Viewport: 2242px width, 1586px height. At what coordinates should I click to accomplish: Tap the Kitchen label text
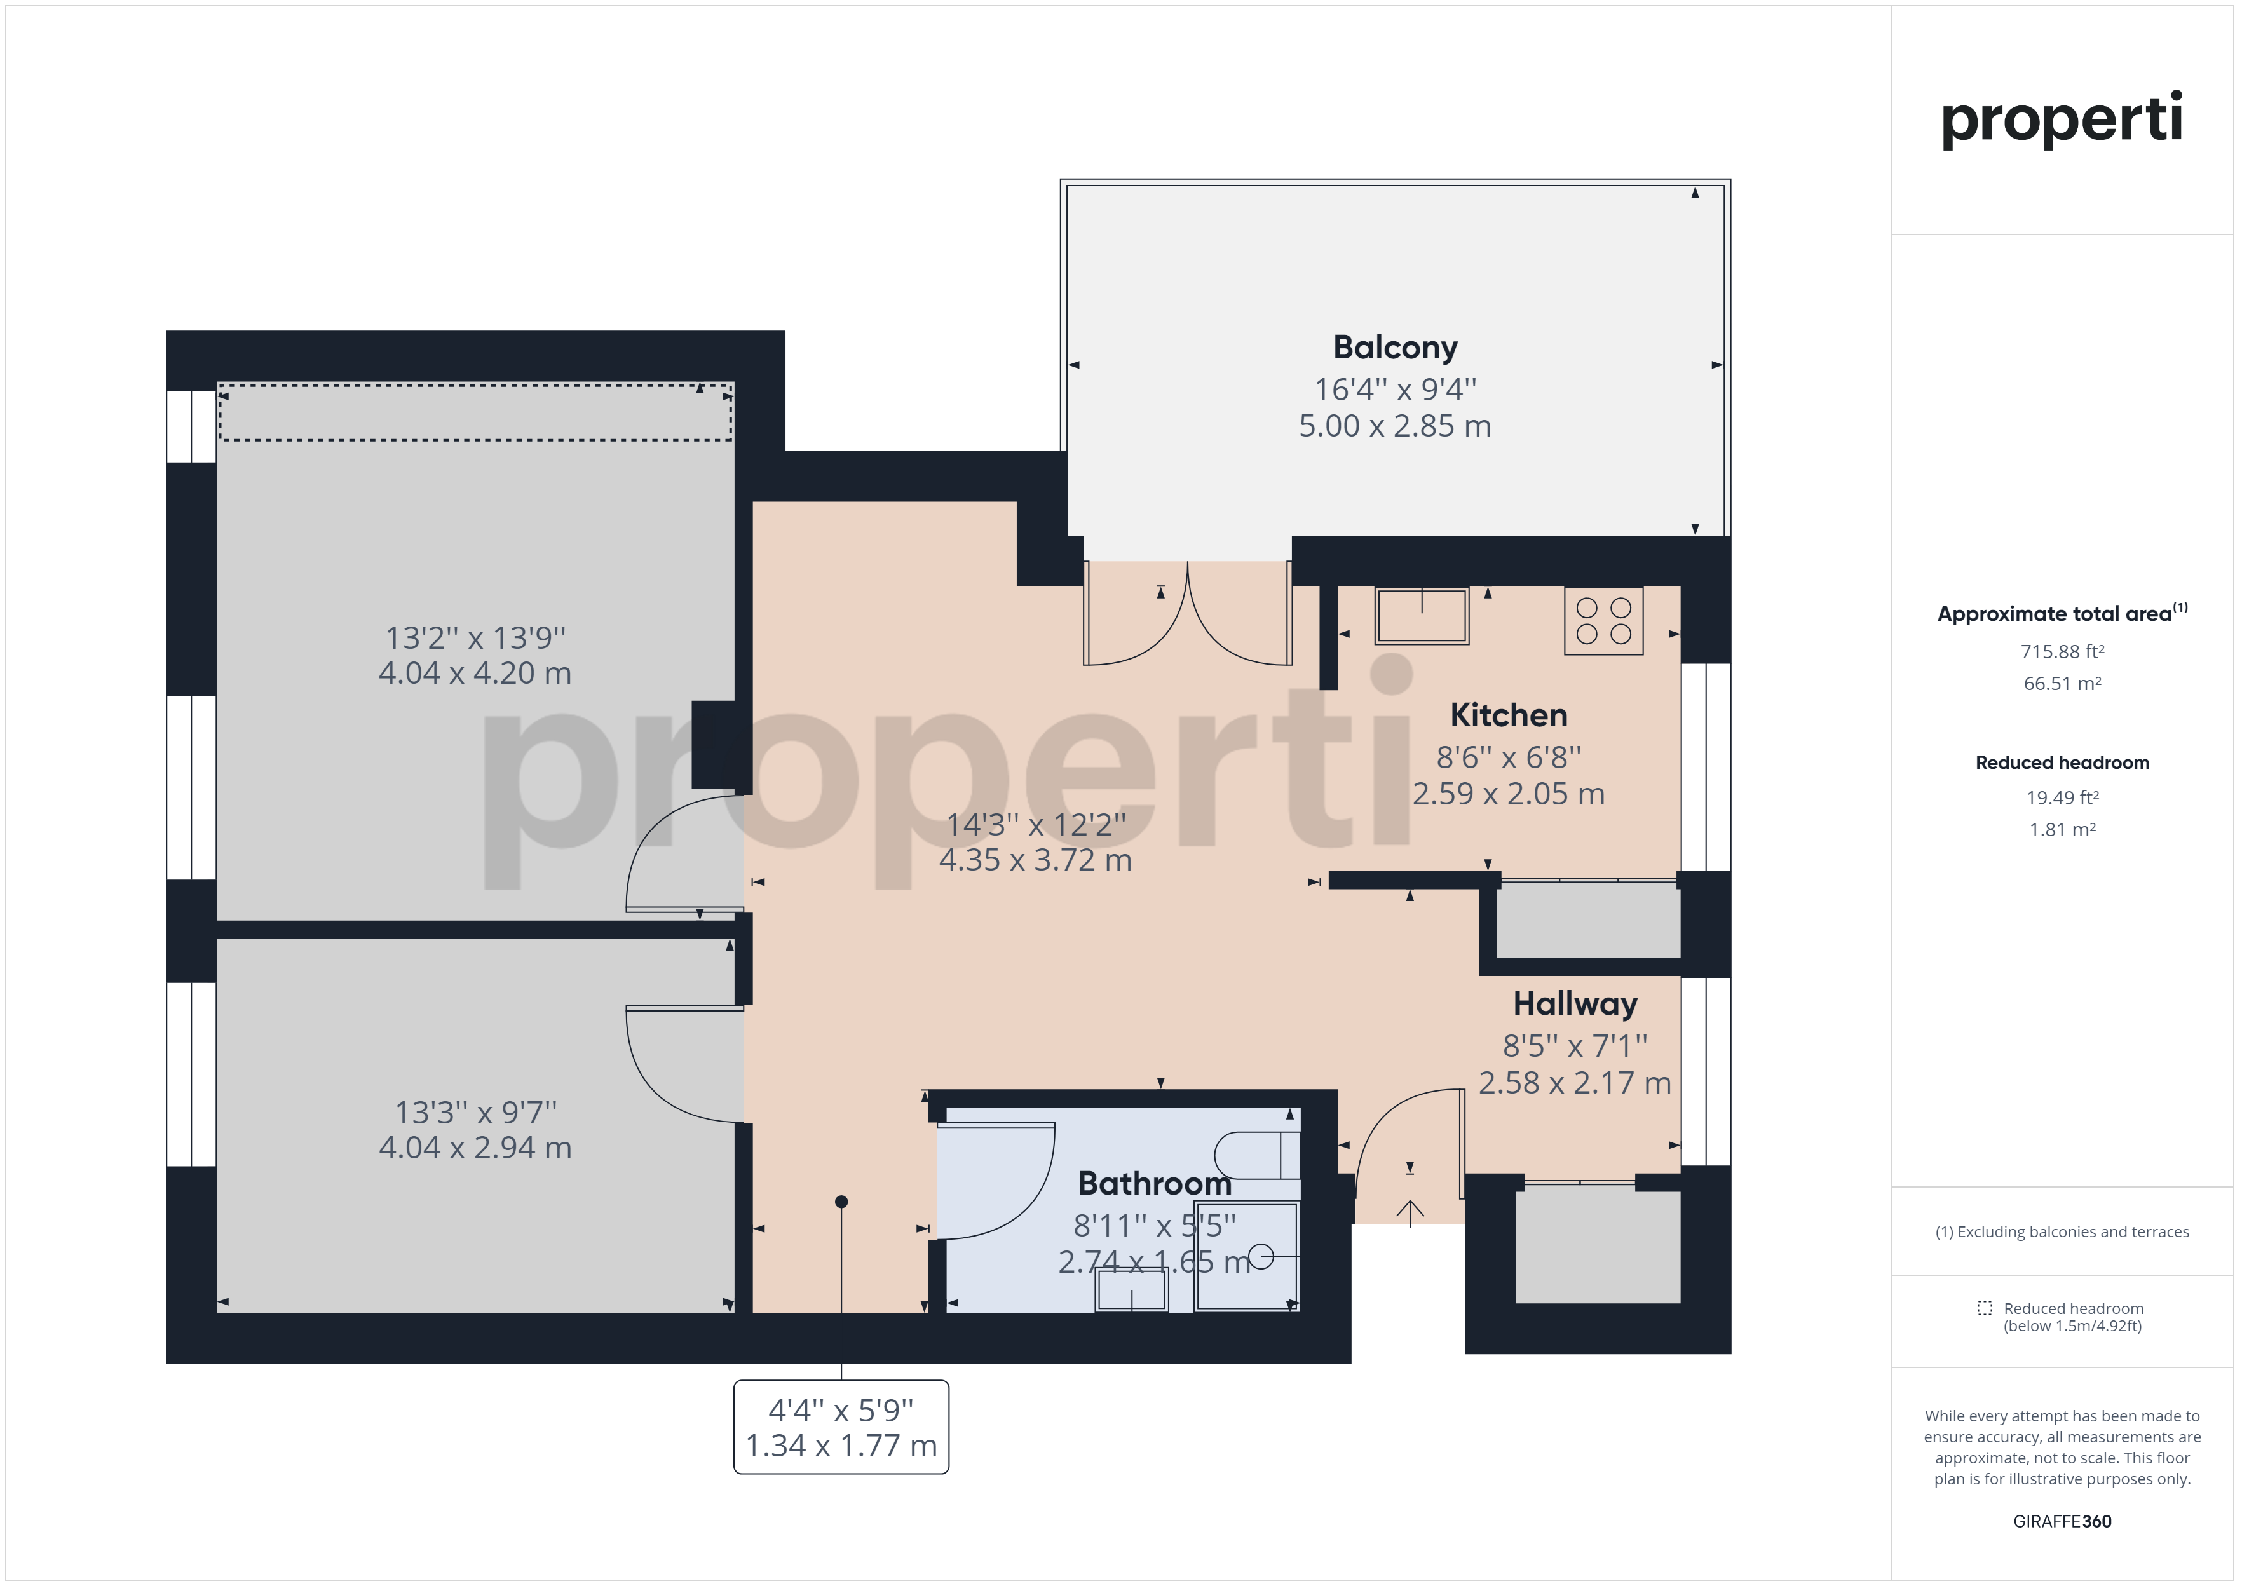(1509, 715)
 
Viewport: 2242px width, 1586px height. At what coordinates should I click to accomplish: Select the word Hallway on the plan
(1575, 1004)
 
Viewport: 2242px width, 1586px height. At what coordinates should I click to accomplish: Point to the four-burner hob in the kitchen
(1603, 620)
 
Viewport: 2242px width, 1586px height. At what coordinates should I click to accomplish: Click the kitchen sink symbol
(1422, 615)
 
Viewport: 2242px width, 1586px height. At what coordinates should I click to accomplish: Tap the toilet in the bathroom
(1257, 1155)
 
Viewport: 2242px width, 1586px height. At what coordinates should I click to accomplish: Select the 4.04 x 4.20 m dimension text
(475, 673)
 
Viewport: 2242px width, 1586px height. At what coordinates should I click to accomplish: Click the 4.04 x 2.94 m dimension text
(475, 1148)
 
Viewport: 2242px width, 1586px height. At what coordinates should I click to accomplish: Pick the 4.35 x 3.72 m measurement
(1035, 860)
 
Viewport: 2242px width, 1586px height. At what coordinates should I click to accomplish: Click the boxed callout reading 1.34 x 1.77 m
(841, 1427)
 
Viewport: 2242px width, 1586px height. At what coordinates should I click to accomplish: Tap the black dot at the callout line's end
(842, 1201)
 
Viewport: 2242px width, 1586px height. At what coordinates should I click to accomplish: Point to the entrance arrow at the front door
(1410, 1214)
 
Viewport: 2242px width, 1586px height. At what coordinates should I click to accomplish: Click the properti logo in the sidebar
(2062, 119)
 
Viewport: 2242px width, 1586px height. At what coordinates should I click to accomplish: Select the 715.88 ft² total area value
(2062, 651)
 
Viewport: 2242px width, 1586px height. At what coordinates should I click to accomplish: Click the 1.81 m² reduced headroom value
(2062, 830)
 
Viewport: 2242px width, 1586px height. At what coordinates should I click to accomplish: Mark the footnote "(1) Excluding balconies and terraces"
(2062, 1231)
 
